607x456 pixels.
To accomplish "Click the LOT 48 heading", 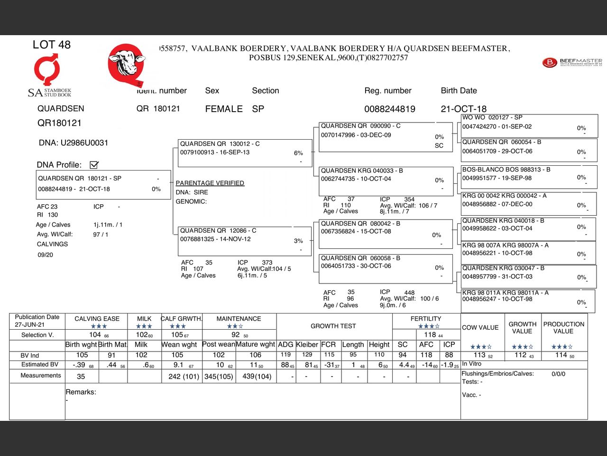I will click(x=51, y=45).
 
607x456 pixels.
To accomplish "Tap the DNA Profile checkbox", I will click(x=94, y=165).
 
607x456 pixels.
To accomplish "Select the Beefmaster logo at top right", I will click(x=572, y=62).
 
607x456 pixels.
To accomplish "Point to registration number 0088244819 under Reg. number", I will click(x=389, y=109).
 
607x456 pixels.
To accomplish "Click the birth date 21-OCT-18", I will click(x=463, y=109).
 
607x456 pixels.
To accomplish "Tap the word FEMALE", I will click(x=224, y=109).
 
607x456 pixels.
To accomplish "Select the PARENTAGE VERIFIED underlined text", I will click(x=210, y=183).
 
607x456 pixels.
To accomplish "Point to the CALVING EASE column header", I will click(x=97, y=319).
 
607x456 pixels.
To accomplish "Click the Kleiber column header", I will click(x=307, y=344).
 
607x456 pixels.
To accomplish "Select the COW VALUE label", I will click(x=480, y=327).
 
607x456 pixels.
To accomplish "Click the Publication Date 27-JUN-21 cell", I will click(x=37, y=321).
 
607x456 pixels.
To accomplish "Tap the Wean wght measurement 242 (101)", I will click(x=184, y=376).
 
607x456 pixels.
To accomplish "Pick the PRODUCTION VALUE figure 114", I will click(x=561, y=355).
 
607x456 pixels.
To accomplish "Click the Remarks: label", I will click(x=81, y=392).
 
